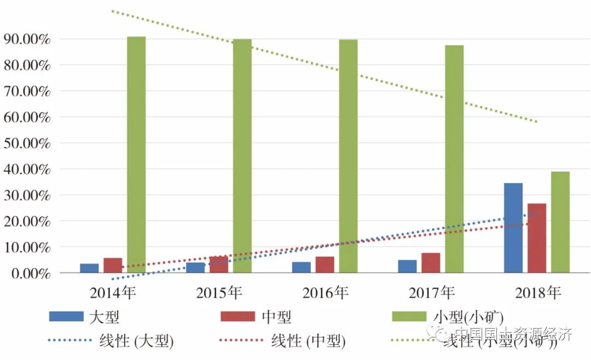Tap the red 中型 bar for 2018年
tap(536, 238)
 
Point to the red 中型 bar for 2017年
tap(431, 263)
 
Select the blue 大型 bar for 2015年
tap(195, 268)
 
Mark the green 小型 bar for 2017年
tap(454, 159)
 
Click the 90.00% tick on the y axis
tap(27, 39)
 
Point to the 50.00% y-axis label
tap(27, 143)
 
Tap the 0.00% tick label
tap(30, 273)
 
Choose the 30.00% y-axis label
tap(27, 195)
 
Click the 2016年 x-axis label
tap(325, 293)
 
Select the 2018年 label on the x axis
tap(538, 293)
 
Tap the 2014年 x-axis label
tap(113, 293)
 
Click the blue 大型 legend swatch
tap(66, 316)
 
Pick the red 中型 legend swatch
tap(237, 316)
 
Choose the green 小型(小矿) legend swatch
tap(409, 316)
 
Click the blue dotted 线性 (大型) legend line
tap(69, 340)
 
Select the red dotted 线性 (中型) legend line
tap(241, 340)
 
